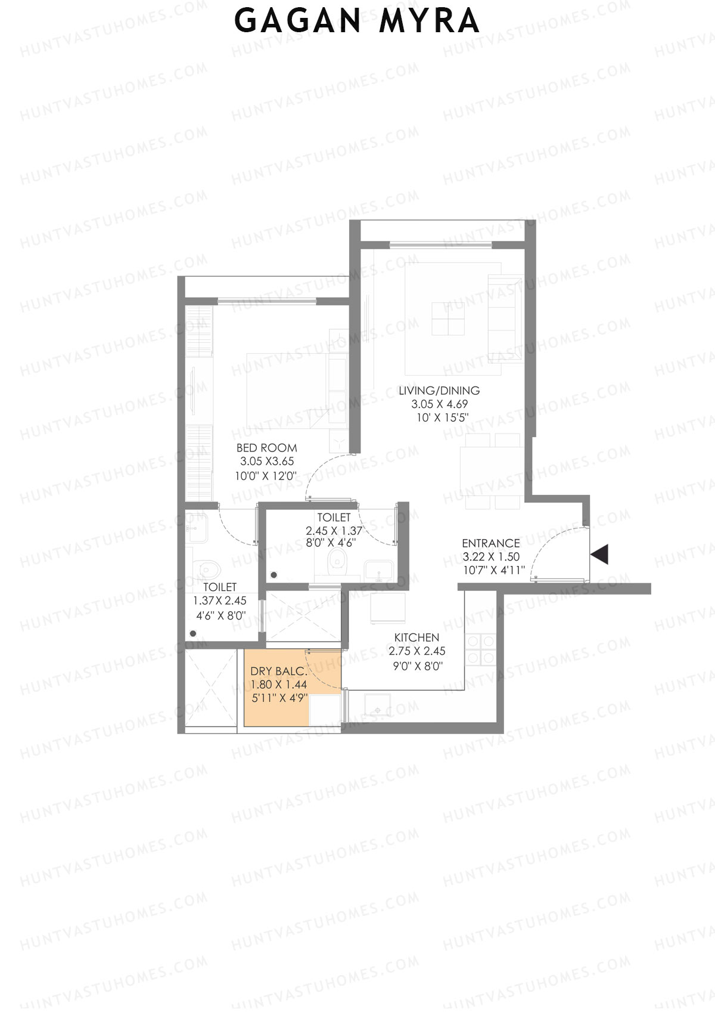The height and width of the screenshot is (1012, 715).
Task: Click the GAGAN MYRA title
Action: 357,21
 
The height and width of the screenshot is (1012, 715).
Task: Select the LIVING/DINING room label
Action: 439,391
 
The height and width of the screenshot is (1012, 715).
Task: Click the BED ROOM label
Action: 266,448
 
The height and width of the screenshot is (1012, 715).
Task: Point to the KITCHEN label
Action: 416,637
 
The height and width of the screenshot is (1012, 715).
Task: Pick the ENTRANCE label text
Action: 491,543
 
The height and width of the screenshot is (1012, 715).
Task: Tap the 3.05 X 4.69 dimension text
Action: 439,404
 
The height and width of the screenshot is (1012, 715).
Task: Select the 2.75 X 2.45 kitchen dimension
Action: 416,651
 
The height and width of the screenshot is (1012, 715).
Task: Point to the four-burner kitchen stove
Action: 480,649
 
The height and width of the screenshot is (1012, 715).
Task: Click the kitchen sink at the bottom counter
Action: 377,705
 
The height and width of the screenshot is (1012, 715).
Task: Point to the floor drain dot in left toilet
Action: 193,634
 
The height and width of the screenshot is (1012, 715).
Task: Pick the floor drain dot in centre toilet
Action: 274,575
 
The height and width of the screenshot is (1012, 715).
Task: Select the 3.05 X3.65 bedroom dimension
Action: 266,462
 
